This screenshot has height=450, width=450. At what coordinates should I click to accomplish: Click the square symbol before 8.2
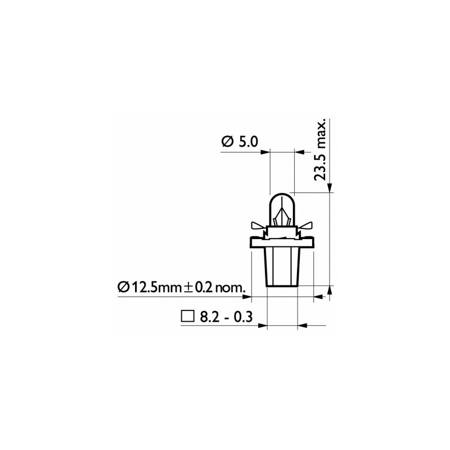coord(187,316)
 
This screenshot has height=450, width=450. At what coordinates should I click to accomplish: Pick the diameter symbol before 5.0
coord(226,142)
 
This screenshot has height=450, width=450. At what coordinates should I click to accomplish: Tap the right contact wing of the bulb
coord(309,226)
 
